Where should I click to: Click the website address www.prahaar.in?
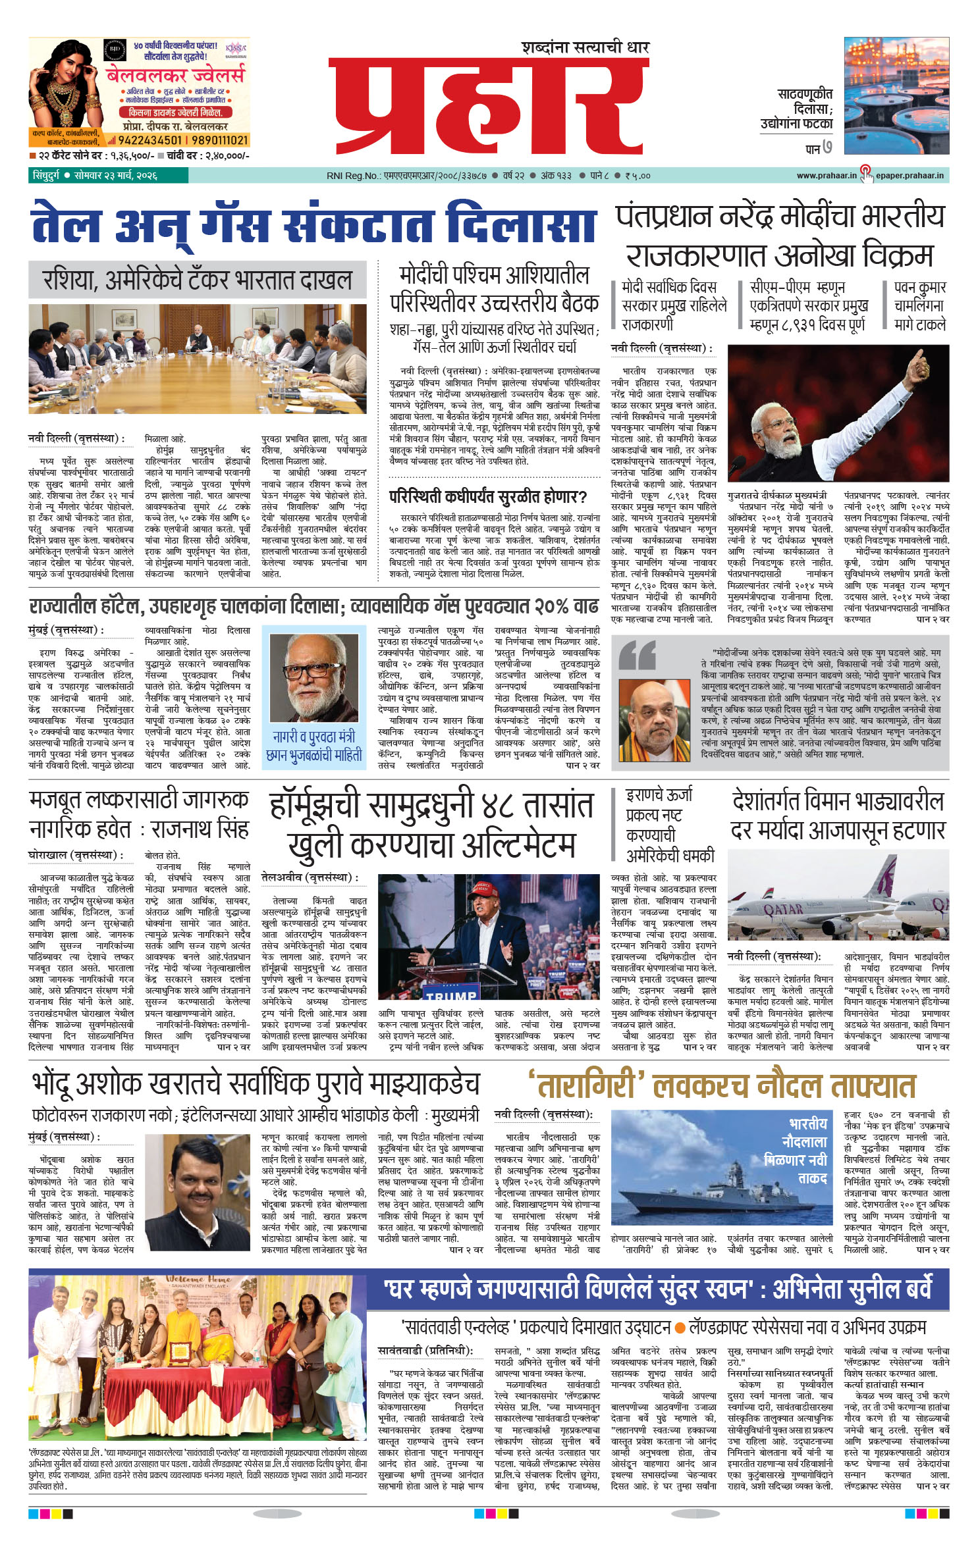click(826, 176)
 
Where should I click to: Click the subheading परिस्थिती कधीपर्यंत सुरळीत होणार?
click(487, 496)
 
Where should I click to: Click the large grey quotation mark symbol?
click(637, 655)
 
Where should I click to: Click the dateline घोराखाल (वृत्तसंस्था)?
click(76, 855)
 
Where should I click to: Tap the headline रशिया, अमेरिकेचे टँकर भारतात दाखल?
click(198, 280)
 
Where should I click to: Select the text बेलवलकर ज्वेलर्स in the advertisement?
click(175, 74)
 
